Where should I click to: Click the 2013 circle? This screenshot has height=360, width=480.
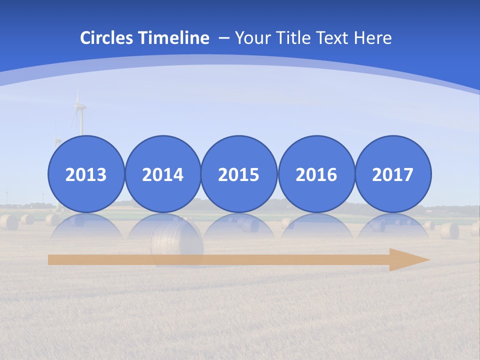pyautogui.click(x=86, y=174)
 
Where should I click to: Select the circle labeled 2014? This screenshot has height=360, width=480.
pyautogui.click(x=163, y=174)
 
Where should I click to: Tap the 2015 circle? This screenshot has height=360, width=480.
pyautogui.click(x=239, y=174)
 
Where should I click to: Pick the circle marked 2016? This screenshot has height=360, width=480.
pyautogui.click(x=316, y=174)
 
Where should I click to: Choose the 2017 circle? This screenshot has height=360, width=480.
pyautogui.click(x=393, y=174)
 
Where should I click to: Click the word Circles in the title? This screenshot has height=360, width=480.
pyautogui.click(x=107, y=38)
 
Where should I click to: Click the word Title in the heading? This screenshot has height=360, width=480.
pyautogui.click(x=292, y=38)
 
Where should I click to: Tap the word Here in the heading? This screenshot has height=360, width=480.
pyautogui.click(x=372, y=38)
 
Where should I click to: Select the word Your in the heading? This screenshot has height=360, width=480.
pyautogui.click(x=252, y=38)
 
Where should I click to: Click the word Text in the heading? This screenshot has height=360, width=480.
pyautogui.click(x=333, y=38)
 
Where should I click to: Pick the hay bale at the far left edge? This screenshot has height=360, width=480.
pyautogui.click(x=8, y=222)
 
